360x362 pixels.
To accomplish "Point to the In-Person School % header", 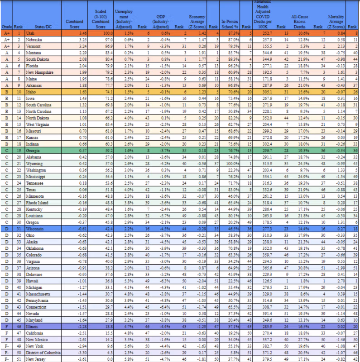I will pyautogui.click(x=230, y=21).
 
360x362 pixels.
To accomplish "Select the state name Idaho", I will pyautogui.click(x=31, y=92).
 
